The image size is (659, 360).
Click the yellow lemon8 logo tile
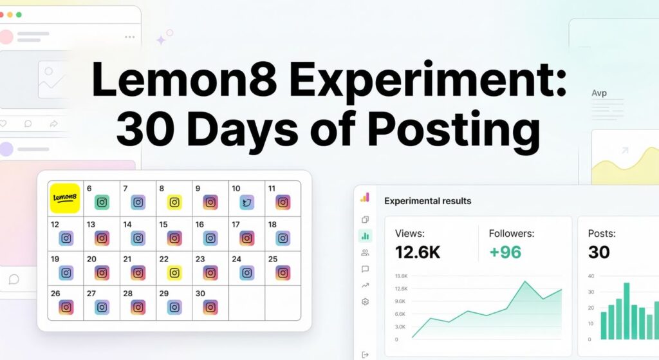[x=64, y=198]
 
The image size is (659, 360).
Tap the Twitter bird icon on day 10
[x=246, y=202]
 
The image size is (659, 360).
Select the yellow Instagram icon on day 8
[x=174, y=202]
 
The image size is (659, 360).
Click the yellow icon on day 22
[x=174, y=272]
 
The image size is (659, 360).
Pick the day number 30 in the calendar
[x=200, y=294]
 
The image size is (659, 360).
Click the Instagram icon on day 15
[x=174, y=238]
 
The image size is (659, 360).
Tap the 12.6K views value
[x=418, y=252]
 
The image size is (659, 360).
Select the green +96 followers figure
[x=505, y=252]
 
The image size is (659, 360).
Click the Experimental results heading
[x=427, y=201]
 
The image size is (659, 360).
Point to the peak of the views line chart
[x=525, y=281]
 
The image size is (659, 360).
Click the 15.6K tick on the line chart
[x=400, y=276]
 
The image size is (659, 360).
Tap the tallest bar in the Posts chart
[x=626, y=310]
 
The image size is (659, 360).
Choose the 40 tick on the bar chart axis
[x=591, y=276]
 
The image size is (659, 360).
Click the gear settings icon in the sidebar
[x=365, y=301]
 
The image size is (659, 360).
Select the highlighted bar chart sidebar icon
[x=365, y=236]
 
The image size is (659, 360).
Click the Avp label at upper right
[x=599, y=93]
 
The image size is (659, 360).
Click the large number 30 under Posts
[x=599, y=252]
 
